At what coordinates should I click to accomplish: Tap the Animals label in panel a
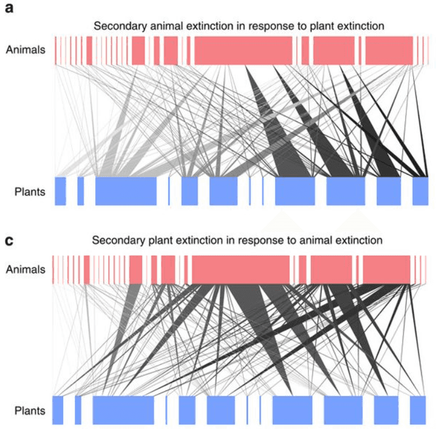click(x=25, y=50)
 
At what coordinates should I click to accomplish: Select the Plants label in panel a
click(x=29, y=191)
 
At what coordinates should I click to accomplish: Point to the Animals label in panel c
click(x=25, y=269)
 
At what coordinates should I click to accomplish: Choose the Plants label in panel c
click(x=29, y=410)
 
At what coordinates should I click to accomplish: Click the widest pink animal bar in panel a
click(x=243, y=50)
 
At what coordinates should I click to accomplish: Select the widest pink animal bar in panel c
click(x=241, y=270)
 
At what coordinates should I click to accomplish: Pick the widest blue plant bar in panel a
click(x=126, y=191)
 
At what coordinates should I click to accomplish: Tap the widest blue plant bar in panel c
click(x=123, y=410)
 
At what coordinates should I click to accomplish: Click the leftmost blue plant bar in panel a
click(x=60, y=191)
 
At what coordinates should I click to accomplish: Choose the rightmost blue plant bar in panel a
click(x=420, y=191)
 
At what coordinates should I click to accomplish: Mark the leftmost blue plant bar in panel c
click(x=58, y=410)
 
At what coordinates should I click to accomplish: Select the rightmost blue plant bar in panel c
click(x=418, y=410)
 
